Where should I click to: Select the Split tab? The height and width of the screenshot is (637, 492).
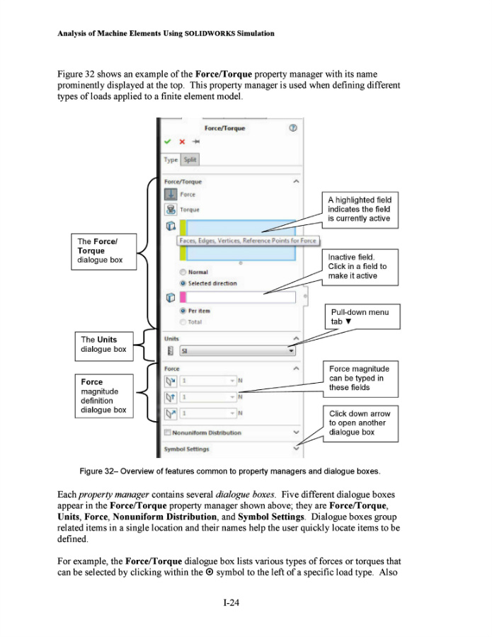pyautogui.click(x=190, y=160)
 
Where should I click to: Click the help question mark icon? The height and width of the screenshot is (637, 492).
pyautogui.click(x=292, y=128)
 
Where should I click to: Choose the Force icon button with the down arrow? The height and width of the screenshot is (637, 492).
pyautogui.click(x=171, y=195)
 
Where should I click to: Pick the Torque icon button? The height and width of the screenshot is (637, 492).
pyautogui.click(x=171, y=210)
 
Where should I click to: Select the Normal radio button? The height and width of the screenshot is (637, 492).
pyautogui.click(x=183, y=272)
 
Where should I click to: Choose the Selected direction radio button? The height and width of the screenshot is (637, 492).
pyautogui.click(x=183, y=283)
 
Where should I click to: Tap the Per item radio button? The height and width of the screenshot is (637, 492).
pyautogui.click(x=183, y=311)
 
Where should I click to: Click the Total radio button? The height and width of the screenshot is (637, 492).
pyautogui.click(x=183, y=322)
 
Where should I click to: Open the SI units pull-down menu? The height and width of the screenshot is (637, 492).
pyautogui.click(x=291, y=350)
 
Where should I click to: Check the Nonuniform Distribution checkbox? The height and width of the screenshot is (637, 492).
pyautogui.click(x=168, y=432)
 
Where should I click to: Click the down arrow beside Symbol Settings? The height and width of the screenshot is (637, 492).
pyautogui.click(x=296, y=448)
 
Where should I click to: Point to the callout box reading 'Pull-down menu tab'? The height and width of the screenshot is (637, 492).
pyautogui.click(x=359, y=316)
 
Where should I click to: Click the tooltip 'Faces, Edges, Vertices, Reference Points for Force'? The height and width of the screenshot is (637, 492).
pyautogui.click(x=248, y=241)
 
